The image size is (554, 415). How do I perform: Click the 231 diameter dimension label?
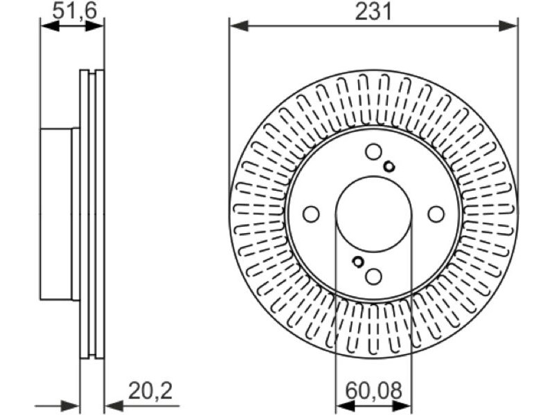[373, 12]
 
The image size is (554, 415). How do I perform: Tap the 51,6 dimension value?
[74, 12]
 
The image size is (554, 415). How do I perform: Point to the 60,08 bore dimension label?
[373, 391]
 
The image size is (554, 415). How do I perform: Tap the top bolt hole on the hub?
[373, 151]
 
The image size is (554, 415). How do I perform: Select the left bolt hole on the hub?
[311, 214]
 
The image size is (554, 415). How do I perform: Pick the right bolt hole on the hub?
[436, 214]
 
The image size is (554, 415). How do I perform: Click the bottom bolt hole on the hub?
[373, 276]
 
